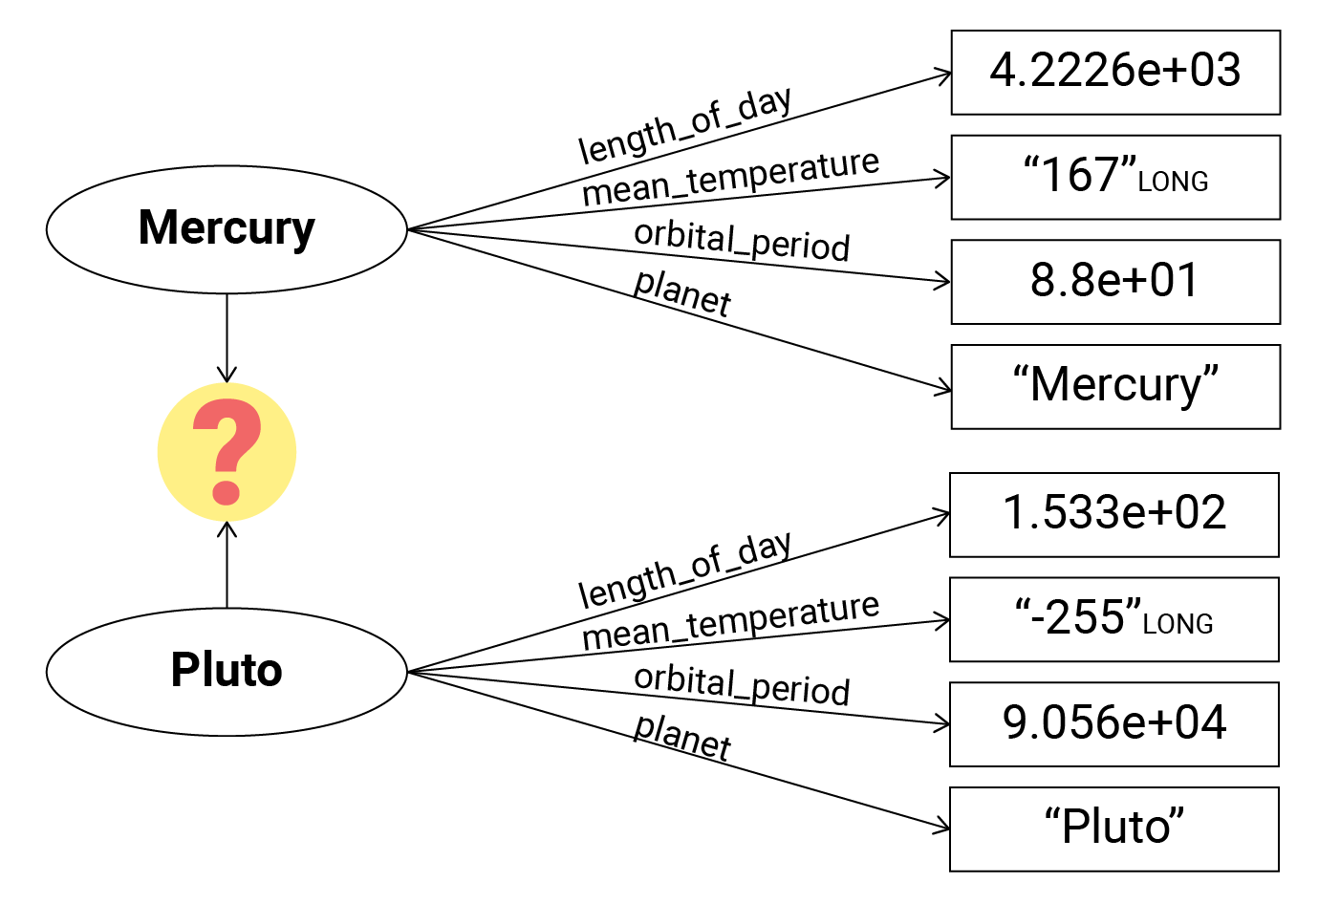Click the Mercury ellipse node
click(x=227, y=229)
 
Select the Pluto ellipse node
click(x=227, y=671)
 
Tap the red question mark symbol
click(x=227, y=452)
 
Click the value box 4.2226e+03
click(x=1115, y=73)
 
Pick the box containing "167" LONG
click(x=1115, y=178)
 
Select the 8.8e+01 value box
click(x=1115, y=282)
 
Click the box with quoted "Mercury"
click(x=1115, y=387)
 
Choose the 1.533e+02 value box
click(x=1113, y=514)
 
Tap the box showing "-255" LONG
click(x=1113, y=619)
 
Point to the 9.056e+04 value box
click(x=1113, y=724)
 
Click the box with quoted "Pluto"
click(x=1113, y=829)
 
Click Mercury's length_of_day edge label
click(x=684, y=126)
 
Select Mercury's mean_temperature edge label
click(x=730, y=179)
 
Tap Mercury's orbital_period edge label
click(x=742, y=241)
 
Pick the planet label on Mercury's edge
click(x=682, y=292)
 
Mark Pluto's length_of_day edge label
click(x=684, y=570)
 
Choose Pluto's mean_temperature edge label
click(x=730, y=622)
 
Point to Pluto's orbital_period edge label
click(x=742, y=684)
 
